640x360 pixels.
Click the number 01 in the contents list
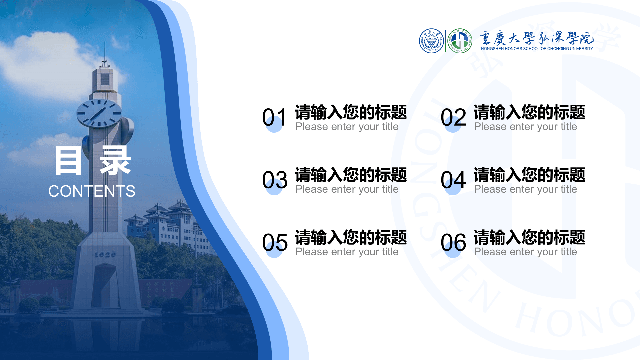274,117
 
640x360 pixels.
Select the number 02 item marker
453,117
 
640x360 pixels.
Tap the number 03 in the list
275,180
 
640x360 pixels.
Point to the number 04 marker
453,180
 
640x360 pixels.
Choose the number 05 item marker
275,243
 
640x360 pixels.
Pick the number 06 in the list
453,243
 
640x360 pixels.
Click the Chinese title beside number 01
351,112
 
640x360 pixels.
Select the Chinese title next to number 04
529,175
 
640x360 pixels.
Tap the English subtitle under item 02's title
525,127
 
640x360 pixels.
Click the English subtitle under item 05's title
347,252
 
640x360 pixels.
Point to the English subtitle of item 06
525,252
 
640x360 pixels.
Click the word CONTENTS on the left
92,191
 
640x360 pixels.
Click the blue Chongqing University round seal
431,41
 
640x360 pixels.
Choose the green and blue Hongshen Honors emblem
460,41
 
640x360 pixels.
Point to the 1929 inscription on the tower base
105,255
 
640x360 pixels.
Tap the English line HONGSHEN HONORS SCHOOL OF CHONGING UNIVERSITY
537,49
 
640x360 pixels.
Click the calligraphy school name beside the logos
537,38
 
